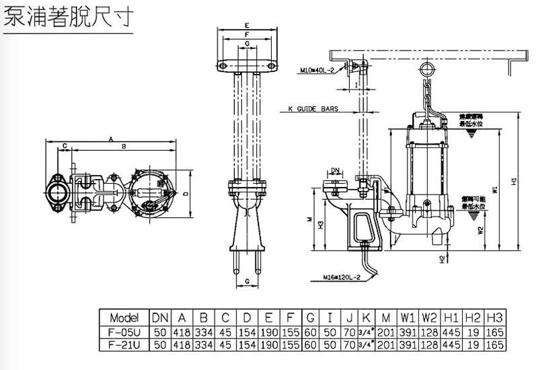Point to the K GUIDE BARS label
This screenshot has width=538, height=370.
point(313,108)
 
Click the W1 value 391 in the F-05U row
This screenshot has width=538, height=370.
point(408,332)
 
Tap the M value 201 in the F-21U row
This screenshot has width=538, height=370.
point(386,344)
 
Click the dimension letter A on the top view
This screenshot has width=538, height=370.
point(110,139)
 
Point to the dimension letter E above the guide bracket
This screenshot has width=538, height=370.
point(247,25)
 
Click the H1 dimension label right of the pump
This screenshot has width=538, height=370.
point(514,181)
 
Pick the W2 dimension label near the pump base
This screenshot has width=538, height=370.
point(481,230)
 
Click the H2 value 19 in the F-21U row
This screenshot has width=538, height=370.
point(473,344)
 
